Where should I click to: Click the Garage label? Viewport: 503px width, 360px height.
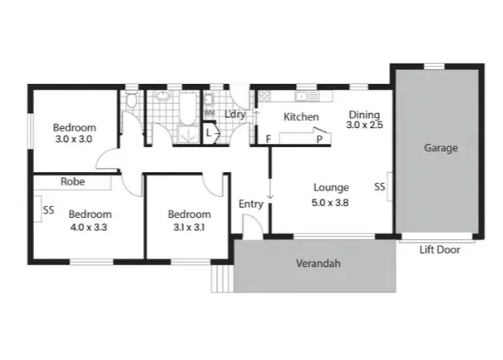click(441, 148)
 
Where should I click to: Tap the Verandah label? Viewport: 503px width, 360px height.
click(319, 264)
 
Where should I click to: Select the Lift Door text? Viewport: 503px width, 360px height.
click(438, 249)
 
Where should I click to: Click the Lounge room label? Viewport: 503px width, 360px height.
click(330, 188)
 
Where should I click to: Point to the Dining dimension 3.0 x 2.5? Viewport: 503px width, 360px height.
click(363, 126)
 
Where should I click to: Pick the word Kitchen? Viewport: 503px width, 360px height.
click(301, 117)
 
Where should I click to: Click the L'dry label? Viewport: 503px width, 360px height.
click(235, 115)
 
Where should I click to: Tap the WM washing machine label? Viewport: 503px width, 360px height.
click(209, 112)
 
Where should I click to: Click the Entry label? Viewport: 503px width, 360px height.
click(250, 205)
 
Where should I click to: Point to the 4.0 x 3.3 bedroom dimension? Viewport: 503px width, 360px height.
click(88, 225)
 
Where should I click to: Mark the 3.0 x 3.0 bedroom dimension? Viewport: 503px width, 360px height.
click(75, 140)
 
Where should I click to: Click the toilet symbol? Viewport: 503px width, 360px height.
click(132, 102)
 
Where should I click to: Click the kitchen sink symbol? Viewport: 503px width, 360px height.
click(303, 97)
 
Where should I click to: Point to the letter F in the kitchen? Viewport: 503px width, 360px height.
click(268, 139)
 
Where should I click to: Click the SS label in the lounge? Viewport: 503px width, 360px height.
click(379, 187)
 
